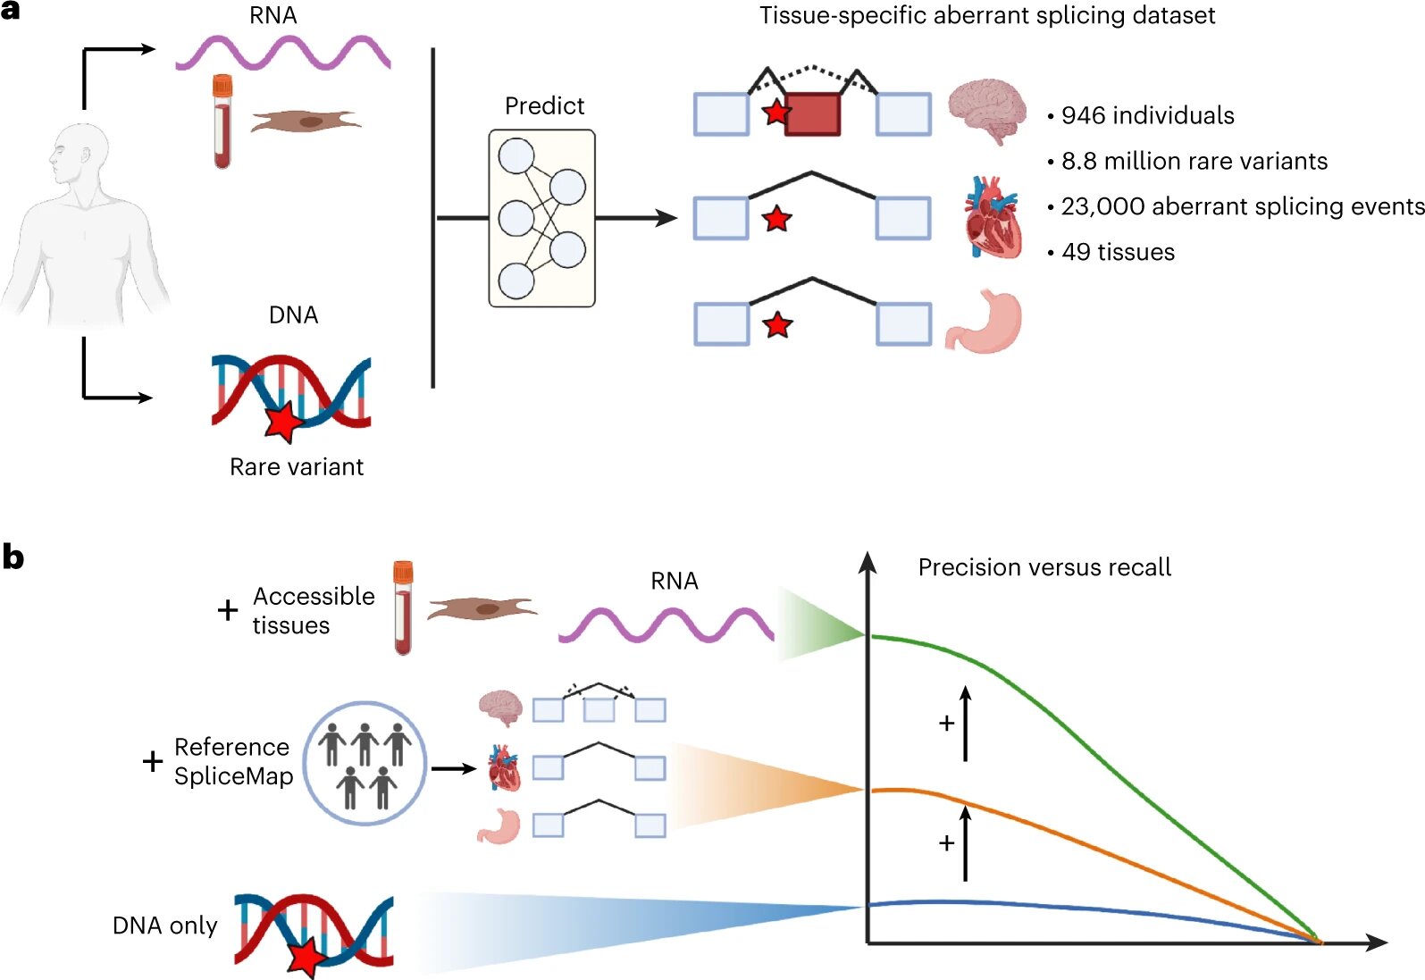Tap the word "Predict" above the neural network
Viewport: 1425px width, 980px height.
tap(544, 106)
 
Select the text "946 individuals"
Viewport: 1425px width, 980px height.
tap(1147, 115)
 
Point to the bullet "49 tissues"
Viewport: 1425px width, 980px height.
tap(1118, 252)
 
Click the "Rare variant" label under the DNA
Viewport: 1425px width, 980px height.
tap(297, 467)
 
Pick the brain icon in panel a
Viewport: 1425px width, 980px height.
tap(986, 109)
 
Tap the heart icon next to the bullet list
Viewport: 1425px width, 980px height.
tap(993, 217)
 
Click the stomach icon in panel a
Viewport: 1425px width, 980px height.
tap(985, 322)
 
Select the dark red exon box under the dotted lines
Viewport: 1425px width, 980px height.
tap(812, 114)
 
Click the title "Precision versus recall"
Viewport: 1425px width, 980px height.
tap(1044, 567)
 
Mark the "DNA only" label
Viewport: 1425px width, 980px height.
tap(165, 926)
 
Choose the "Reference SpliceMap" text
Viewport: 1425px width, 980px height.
tap(233, 761)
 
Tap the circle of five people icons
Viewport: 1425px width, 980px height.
tap(365, 762)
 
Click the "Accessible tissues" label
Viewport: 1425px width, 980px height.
tap(313, 610)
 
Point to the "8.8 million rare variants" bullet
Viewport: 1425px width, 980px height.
tap(1194, 161)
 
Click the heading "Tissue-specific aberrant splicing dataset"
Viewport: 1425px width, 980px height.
tap(987, 16)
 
